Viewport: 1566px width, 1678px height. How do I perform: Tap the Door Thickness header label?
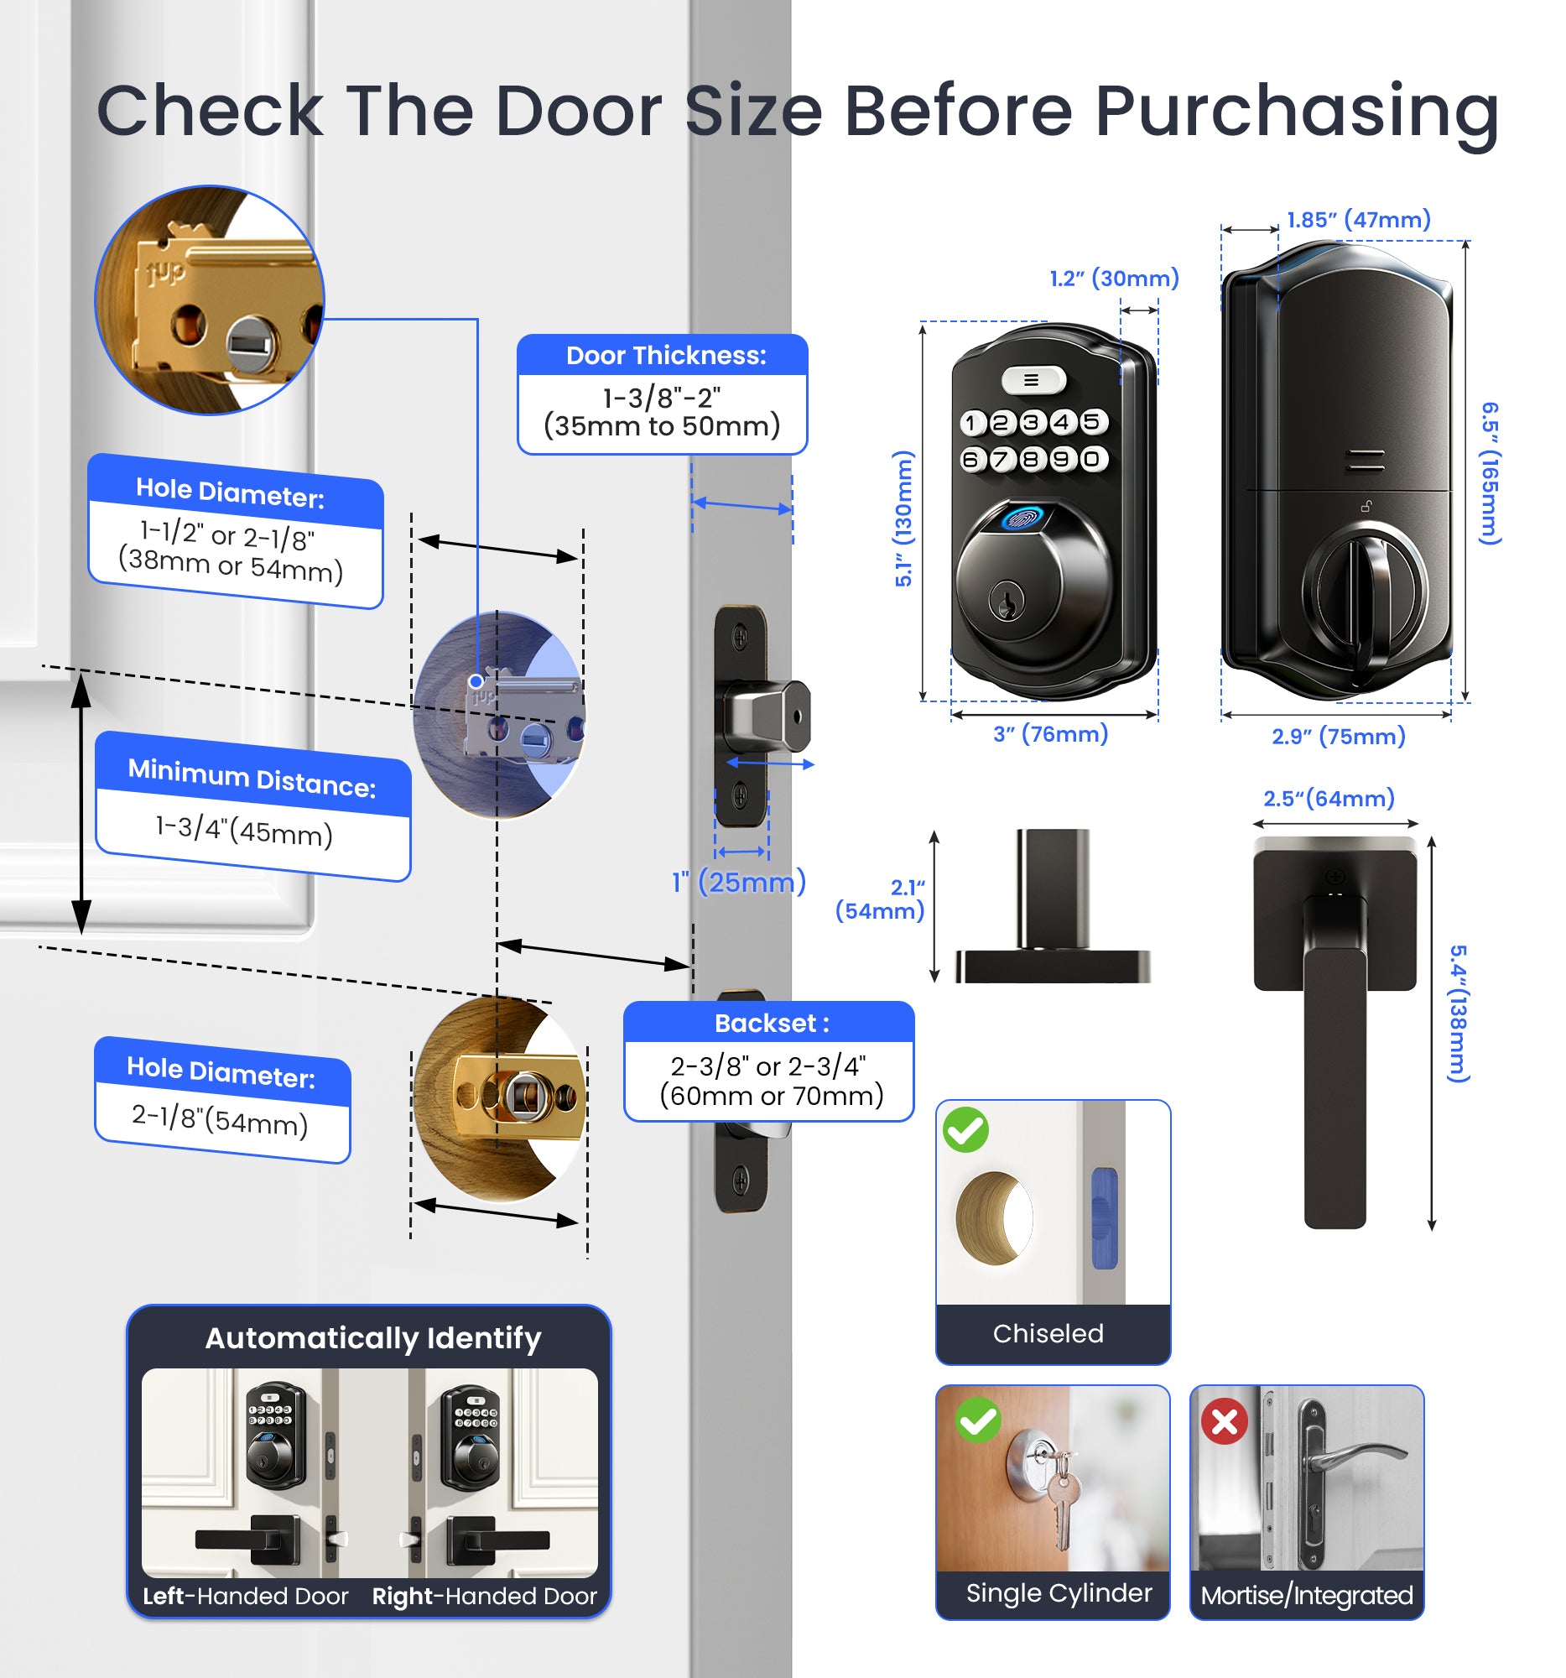[x=665, y=356]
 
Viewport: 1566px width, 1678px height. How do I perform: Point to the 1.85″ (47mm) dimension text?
[x=1359, y=220]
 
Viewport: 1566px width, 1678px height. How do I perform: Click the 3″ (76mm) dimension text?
[x=1049, y=733]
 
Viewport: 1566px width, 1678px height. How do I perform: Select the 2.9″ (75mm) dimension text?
[x=1338, y=736]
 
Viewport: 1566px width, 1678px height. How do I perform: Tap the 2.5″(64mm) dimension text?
[x=1328, y=798]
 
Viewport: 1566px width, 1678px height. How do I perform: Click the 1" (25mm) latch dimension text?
[x=738, y=882]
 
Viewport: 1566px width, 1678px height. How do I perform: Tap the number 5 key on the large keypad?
[x=1091, y=421]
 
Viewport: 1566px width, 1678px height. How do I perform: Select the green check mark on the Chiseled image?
[x=965, y=1129]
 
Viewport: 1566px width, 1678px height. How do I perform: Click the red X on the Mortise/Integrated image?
[x=1225, y=1421]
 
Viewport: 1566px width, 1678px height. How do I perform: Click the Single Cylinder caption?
[x=1058, y=1592]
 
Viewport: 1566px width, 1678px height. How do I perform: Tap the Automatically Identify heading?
[x=373, y=1338]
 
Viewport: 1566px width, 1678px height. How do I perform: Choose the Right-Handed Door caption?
[x=484, y=1596]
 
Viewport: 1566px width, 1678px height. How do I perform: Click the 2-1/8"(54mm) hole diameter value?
[x=221, y=1119]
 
